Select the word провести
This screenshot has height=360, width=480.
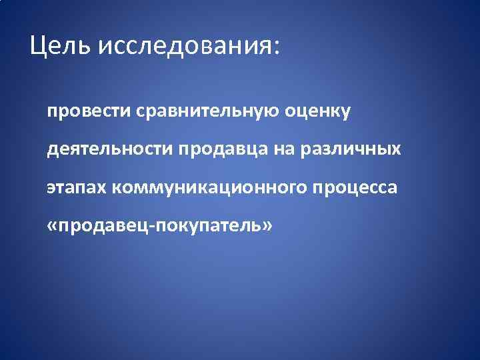[x=83, y=111]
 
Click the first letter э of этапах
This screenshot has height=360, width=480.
[x=51, y=189]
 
